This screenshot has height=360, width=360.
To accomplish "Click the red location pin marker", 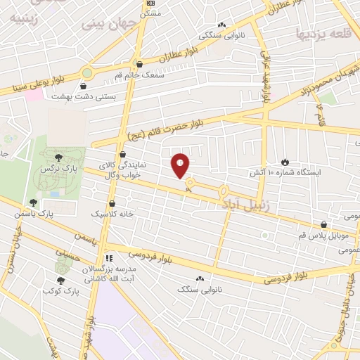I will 181,165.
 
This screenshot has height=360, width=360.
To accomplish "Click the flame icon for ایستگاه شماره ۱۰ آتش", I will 285,162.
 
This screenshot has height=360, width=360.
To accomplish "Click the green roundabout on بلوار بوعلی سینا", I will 87,72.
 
